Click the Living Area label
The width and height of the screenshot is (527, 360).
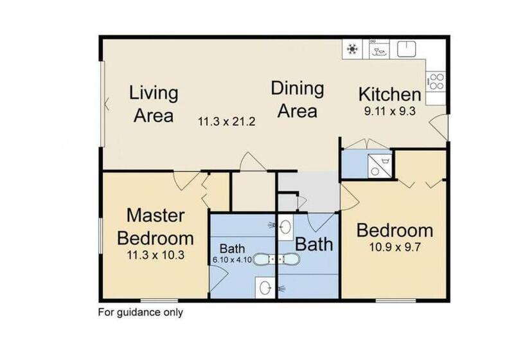tap(153, 104)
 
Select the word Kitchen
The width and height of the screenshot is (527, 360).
tap(389, 94)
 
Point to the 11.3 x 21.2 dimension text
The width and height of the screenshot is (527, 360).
tap(228, 121)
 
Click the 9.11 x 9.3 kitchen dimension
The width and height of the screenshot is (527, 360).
tap(389, 111)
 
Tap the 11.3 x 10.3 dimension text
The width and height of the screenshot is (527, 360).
tap(155, 255)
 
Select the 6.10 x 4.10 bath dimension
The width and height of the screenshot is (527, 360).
tap(232, 260)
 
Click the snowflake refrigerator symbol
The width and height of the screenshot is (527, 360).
tap(352, 49)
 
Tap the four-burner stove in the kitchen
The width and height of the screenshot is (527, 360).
tap(436, 82)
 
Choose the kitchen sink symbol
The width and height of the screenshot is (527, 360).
tap(407, 49)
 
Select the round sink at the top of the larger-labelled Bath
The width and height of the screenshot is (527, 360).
tap(287, 226)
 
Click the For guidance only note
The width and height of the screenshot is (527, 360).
tap(140, 313)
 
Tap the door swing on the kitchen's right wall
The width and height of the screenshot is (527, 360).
tap(440, 127)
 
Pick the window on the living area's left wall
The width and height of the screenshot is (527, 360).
tap(103, 103)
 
